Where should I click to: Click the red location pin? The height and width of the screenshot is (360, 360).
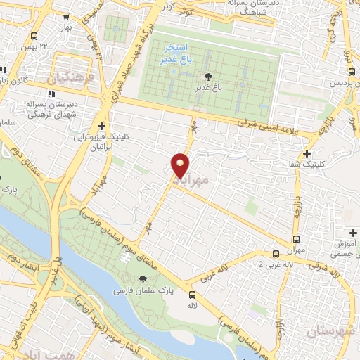180,165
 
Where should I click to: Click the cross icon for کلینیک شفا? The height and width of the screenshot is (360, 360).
306,153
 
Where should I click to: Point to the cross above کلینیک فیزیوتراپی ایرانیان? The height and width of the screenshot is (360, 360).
102,126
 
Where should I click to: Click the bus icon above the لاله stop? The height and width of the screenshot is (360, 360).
192,295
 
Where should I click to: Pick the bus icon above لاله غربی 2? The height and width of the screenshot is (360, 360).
275,254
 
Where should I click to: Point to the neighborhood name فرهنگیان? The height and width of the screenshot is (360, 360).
70,79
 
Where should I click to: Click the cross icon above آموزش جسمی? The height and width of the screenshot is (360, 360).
353,233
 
